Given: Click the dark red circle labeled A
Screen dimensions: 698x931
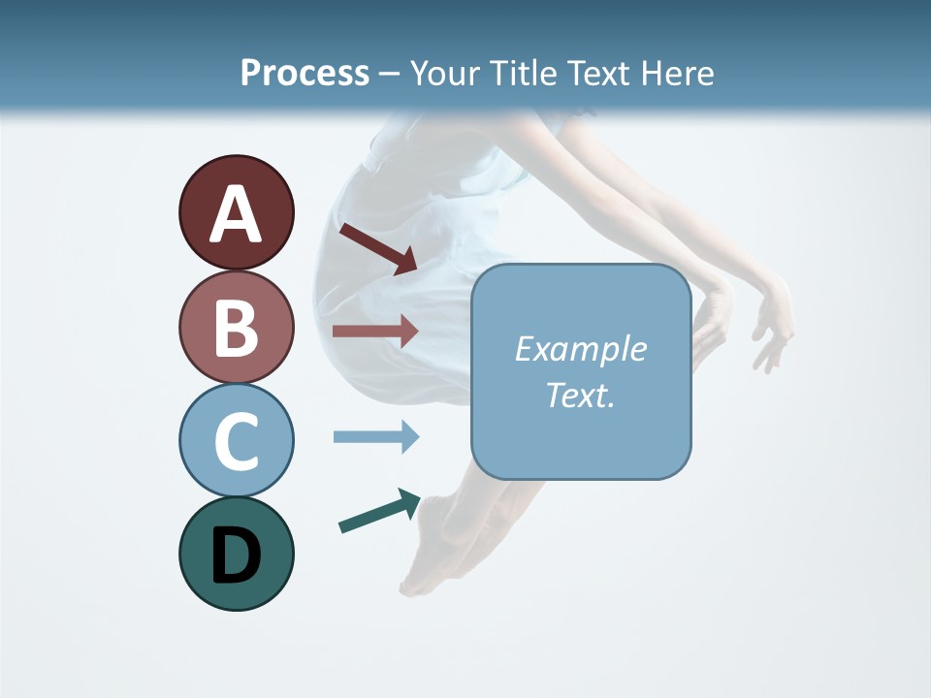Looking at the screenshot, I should point(236,212).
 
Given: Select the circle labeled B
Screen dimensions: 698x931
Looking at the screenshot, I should point(236,327).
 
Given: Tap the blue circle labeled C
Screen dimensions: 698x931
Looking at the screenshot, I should point(236,440).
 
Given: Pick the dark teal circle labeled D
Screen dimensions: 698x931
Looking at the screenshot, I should point(236,554).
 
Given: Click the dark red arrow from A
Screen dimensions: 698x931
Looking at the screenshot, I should point(378,248).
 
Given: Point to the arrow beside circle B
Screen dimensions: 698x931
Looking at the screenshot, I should point(375,331).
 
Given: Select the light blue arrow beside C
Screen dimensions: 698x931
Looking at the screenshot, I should point(375,436).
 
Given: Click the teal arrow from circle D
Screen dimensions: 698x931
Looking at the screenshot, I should point(379,511).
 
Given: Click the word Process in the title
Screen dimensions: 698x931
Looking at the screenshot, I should point(305,73).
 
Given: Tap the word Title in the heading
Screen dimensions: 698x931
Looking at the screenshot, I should point(522,73).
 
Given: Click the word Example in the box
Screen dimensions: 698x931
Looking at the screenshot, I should point(580,349).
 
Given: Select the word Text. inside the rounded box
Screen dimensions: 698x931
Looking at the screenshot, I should point(580,395).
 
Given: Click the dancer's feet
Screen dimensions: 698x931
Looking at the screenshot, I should point(427,562).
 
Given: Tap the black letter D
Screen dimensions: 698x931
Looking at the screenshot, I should point(236,555).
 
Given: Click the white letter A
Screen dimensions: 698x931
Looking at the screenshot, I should point(236,214).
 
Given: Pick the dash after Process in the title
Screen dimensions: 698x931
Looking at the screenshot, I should point(389,74).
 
